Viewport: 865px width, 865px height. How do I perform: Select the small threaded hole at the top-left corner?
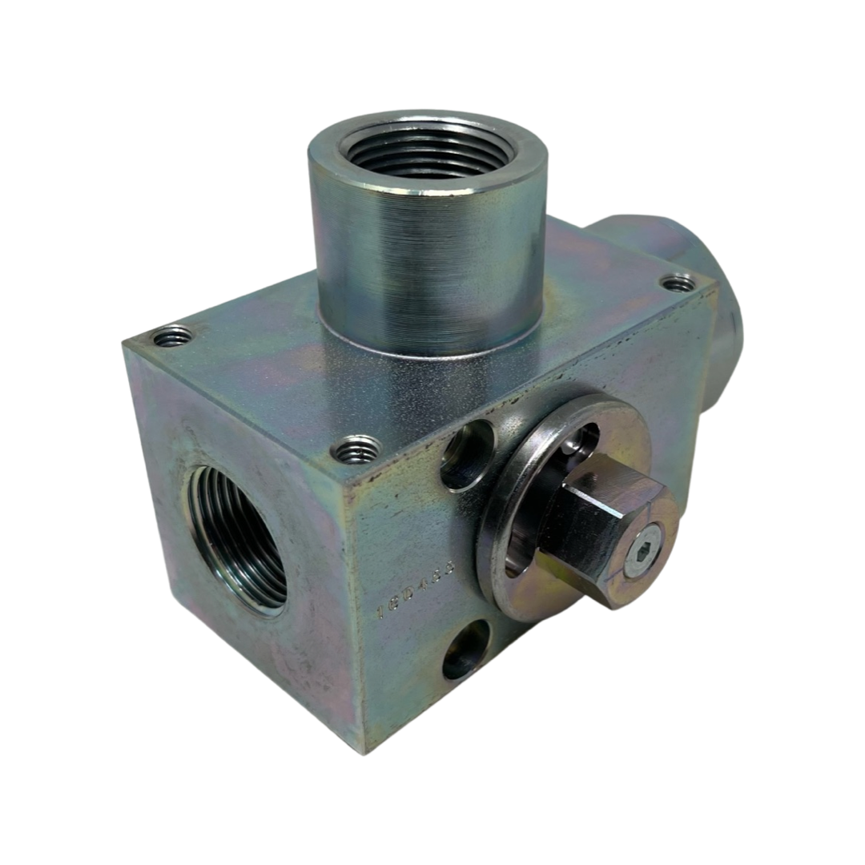click(x=172, y=338)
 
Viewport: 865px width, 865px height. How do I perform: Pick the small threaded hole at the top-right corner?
click(x=678, y=283)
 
